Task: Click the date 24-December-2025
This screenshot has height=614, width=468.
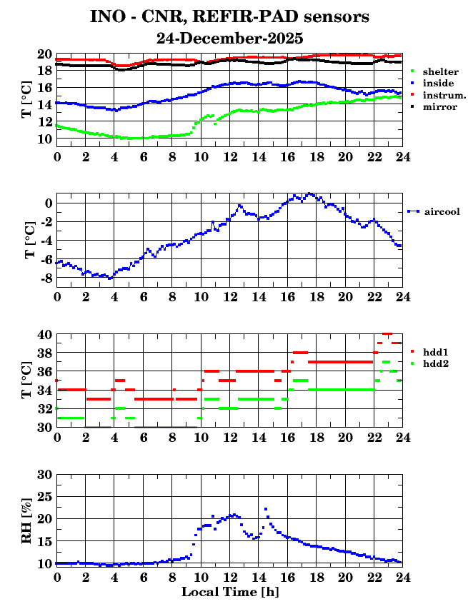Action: tap(231, 38)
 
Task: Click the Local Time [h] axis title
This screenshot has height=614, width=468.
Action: tap(229, 592)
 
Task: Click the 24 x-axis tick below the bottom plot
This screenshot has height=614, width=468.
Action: tap(402, 577)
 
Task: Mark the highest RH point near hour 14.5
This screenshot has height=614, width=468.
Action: tap(266, 509)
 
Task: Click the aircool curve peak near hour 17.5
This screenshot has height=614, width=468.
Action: tap(309, 193)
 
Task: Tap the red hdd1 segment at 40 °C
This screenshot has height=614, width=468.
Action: tap(388, 333)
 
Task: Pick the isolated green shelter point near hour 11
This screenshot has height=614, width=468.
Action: tap(215, 124)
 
